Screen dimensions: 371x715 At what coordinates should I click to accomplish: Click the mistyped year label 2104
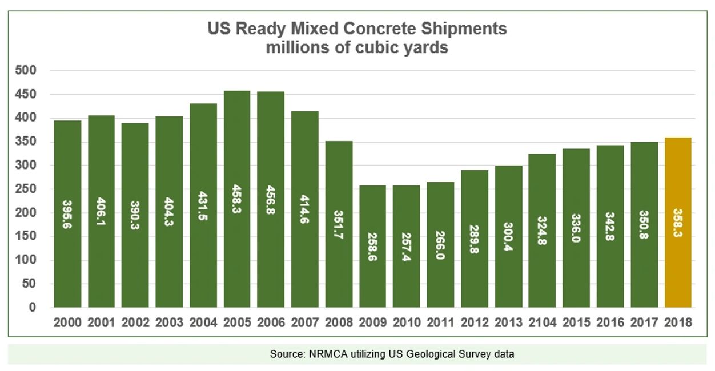point(543,322)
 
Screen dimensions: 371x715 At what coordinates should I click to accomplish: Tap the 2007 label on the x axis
point(305,322)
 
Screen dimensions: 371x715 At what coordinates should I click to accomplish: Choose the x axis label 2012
point(475,322)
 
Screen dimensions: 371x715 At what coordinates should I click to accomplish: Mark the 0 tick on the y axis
point(33,308)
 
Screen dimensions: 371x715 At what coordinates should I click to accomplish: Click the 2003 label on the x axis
point(169,322)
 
